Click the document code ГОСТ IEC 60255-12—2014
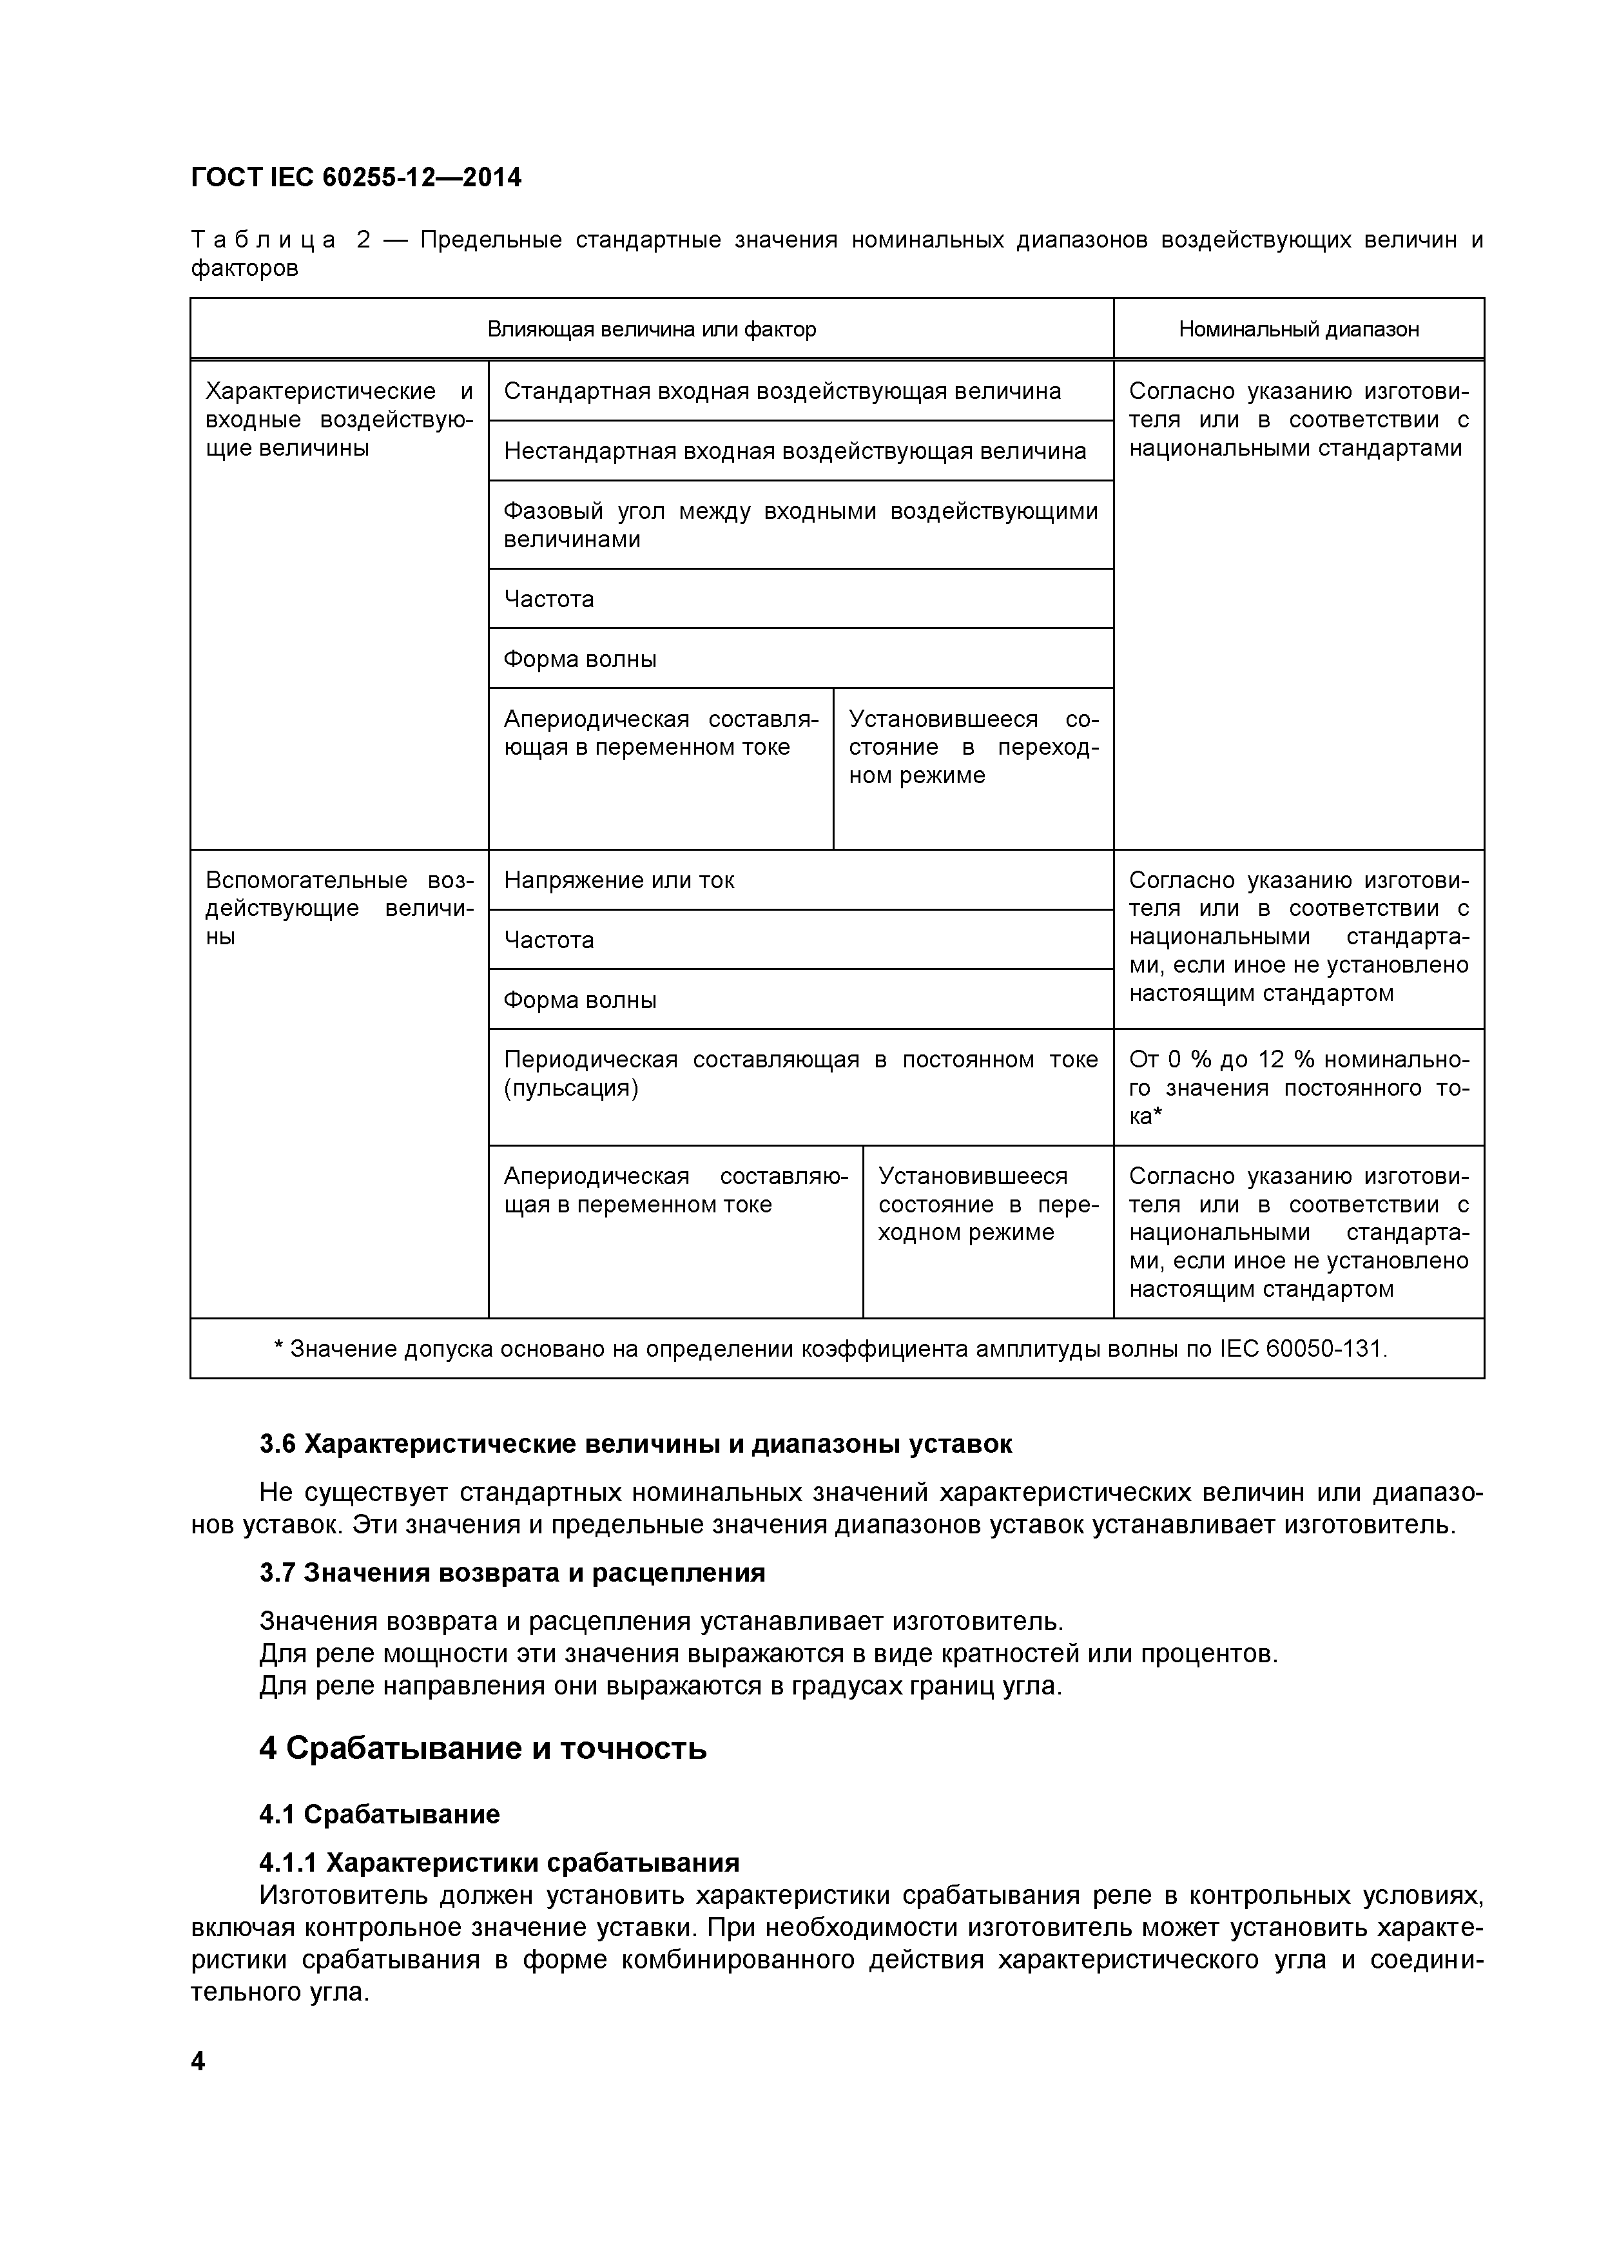coord(356,177)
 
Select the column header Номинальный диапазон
coord(1298,329)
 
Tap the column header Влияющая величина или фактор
coord(651,329)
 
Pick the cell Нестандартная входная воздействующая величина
coord(795,451)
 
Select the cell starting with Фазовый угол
coord(799,525)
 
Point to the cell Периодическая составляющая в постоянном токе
coord(799,1073)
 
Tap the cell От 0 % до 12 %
coord(1298,1087)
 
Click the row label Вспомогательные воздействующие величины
coord(339,908)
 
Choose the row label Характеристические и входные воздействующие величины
coord(339,420)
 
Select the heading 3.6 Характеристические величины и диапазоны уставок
coord(635,1444)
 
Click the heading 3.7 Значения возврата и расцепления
coord(512,1573)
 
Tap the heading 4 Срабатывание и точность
coord(483,1749)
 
